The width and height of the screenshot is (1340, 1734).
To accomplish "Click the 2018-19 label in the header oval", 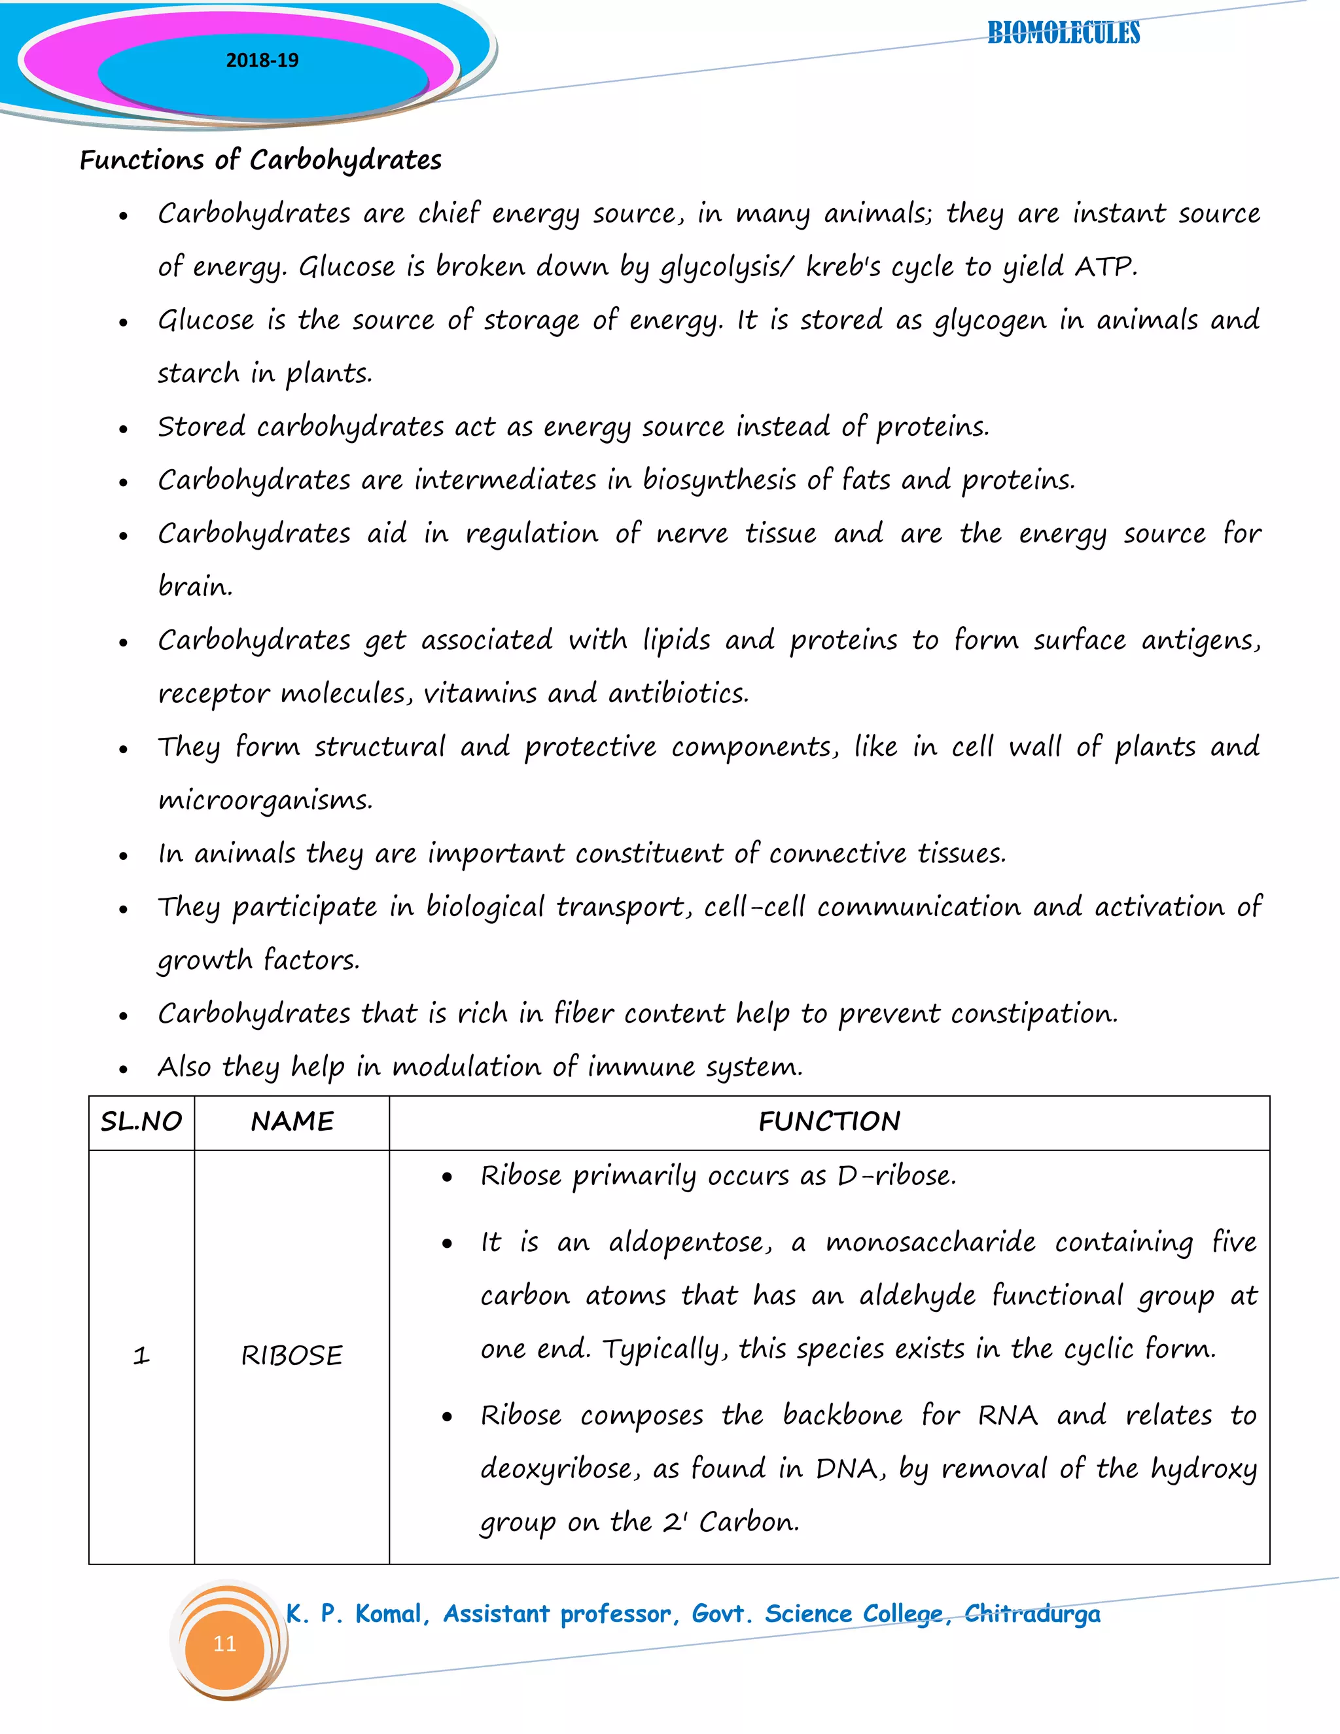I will [262, 60].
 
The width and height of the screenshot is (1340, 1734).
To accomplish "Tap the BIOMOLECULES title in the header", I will [1063, 33].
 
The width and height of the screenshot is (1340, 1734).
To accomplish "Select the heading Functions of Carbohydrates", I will [260, 160].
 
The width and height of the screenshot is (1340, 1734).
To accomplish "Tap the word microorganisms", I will [264, 800].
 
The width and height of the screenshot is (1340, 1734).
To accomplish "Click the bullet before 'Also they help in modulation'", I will [123, 1069].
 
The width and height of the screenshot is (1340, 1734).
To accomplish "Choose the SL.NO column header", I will [141, 1122].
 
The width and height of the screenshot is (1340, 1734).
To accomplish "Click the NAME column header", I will [292, 1122].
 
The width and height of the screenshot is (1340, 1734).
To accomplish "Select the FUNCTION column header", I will [829, 1122].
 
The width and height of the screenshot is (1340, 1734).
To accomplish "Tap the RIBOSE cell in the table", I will [291, 1356].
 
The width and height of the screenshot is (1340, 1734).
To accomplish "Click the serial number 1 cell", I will [141, 1356].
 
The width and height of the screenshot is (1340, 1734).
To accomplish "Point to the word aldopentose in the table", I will [689, 1243].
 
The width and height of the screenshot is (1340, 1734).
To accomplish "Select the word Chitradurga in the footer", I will [1032, 1614].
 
